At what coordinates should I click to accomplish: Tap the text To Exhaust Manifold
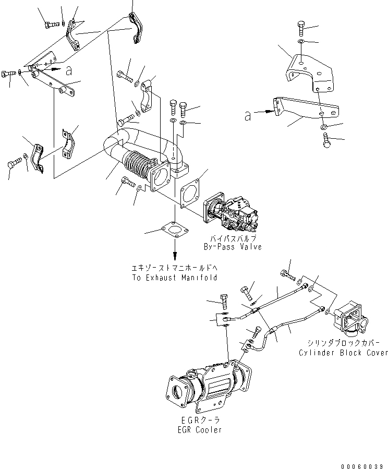click(174, 278)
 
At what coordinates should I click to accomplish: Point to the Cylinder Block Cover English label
click(343, 353)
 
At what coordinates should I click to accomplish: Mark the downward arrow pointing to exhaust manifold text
click(175, 253)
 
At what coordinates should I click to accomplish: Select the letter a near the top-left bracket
click(69, 68)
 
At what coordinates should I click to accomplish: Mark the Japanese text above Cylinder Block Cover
click(343, 344)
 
